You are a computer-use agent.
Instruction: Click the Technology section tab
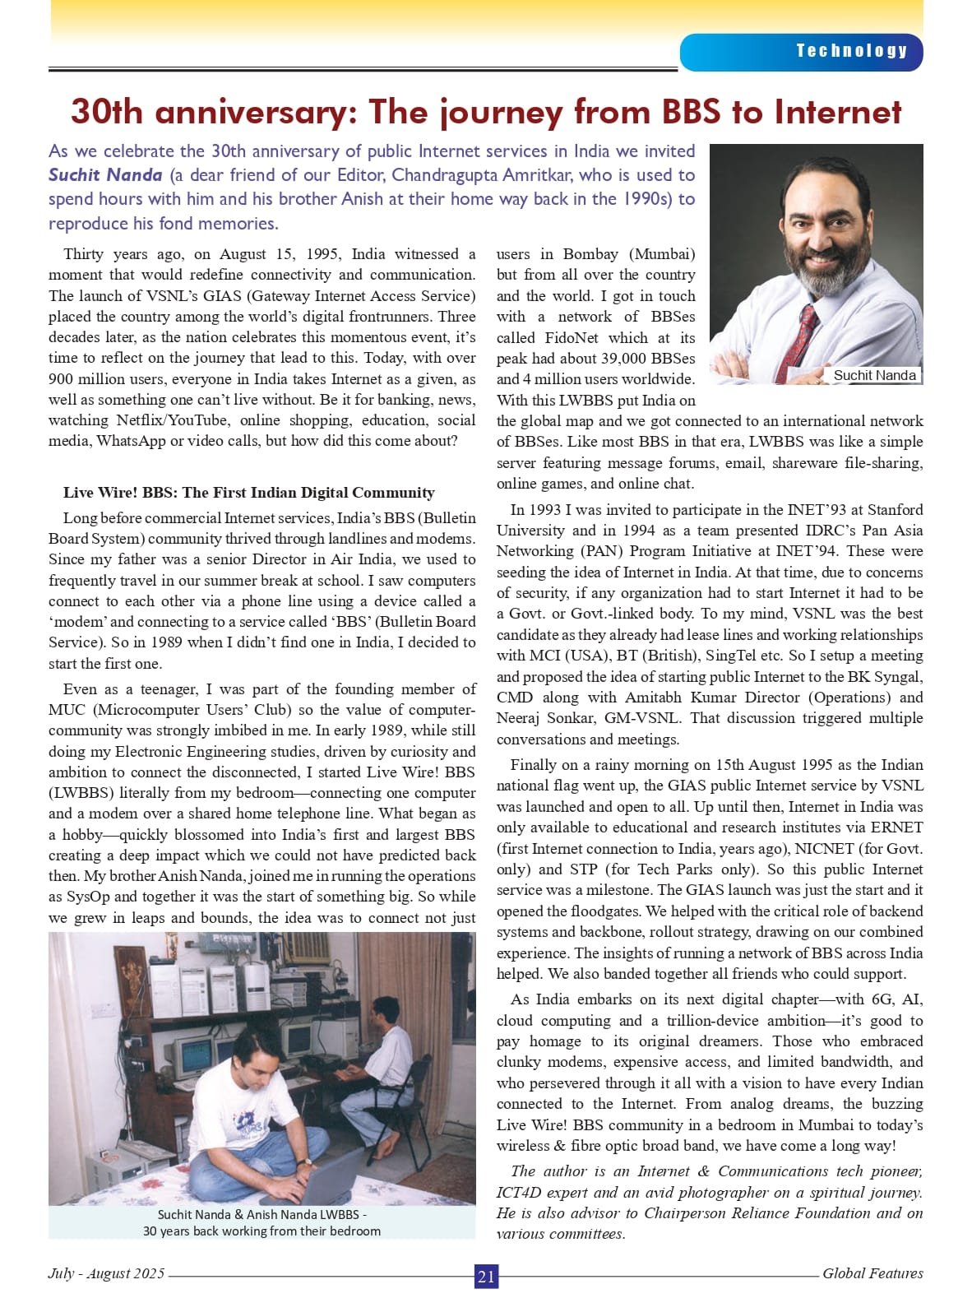click(x=851, y=51)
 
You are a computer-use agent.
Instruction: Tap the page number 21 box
click(x=486, y=1276)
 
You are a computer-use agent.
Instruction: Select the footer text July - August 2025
click(x=106, y=1273)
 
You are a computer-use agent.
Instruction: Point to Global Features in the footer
click(x=872, y=1273)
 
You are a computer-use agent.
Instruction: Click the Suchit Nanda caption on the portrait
click(x=874, y=375)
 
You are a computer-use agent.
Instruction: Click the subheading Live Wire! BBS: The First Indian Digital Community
click(x=248, y=493)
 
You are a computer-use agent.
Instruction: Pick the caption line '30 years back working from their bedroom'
click(x=262, y=1231)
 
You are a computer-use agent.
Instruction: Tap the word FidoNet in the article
click(x=574, y=338)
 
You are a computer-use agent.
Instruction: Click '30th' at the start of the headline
click(x=107, y=112)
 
